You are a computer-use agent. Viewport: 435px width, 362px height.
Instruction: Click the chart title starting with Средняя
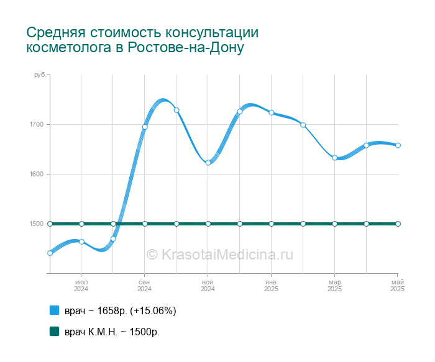coord(142,40)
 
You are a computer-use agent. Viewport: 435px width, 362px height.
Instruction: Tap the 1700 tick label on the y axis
coord(37,124)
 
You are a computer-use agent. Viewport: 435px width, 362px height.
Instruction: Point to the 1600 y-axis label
coord(37,174)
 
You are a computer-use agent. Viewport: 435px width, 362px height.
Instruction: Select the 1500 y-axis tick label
coord(37,224)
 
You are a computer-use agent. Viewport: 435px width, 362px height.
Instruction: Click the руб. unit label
coord(40,75)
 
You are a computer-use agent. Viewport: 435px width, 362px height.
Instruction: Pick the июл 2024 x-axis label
coord(81,286)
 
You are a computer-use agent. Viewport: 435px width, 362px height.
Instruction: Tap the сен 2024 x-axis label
coord(145,286)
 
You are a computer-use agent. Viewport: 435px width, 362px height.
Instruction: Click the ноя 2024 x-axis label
coord(208,286)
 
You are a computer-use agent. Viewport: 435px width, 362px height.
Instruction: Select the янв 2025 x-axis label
coord(271,286)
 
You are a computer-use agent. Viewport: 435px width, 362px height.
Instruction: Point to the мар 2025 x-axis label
coord(334,286)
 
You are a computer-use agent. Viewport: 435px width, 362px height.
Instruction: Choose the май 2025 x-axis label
coord(398,286)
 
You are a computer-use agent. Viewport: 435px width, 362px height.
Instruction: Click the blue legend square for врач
coord(55,310)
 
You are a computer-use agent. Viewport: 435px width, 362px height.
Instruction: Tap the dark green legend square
coord(55,331)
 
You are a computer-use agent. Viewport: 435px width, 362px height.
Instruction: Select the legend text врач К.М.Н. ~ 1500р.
coord(112,332)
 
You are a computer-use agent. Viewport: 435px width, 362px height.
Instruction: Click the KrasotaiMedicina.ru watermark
coord(220,254)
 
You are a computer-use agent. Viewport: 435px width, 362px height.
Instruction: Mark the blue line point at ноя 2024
coord(208,163)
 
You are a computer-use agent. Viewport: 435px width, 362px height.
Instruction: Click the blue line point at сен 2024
coord(145,127)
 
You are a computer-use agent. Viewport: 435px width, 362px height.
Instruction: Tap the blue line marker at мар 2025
coord(334,158)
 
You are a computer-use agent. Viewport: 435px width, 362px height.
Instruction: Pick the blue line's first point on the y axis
coord(50,253)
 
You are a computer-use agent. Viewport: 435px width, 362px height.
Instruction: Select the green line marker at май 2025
coord(398,224)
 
